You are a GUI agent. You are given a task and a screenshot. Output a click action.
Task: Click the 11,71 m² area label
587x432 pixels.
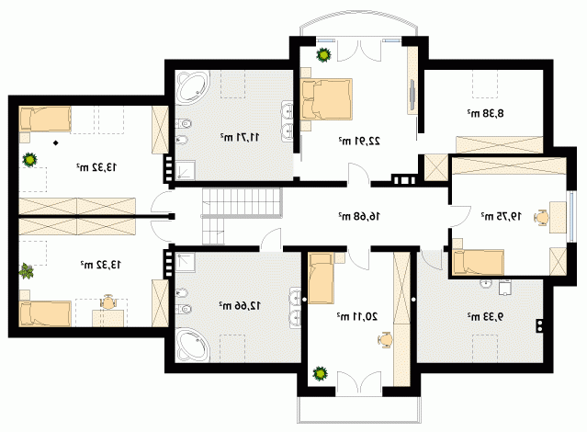tap(240, 138)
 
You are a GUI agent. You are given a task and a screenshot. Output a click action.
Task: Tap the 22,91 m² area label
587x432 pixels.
tap(359, 141)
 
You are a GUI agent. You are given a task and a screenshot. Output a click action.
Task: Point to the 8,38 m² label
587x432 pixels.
tap(485, 113)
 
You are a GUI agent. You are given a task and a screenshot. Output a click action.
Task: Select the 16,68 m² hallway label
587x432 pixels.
tap(359, 216)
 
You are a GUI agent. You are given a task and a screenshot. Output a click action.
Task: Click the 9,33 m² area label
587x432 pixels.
tap(485, 316)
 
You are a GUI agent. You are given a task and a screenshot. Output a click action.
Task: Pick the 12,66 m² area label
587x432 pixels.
tap(240, 306)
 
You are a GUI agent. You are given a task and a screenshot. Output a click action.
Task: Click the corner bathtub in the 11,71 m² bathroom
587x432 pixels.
tap(192, 87)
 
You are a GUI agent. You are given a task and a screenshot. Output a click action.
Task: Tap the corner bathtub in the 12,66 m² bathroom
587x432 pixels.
tap(192, 345)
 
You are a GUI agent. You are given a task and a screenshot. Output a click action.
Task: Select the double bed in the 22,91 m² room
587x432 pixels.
tap(326, 99)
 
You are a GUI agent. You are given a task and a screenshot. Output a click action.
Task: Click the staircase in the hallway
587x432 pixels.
tap(242, 215)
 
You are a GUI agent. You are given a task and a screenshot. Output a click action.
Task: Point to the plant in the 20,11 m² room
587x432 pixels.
tap(320, 373)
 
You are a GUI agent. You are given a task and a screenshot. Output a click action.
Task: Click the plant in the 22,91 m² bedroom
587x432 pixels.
tap(323, 55)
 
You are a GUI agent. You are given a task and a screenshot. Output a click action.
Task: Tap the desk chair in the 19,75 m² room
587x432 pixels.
tap(541, 217)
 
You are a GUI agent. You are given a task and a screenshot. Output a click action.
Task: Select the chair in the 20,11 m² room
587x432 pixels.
tap(385, 340)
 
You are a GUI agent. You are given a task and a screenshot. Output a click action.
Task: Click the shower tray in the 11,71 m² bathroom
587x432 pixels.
tap(186, 170)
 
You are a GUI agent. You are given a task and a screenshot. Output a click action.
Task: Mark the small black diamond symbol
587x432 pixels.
tap(55, 142)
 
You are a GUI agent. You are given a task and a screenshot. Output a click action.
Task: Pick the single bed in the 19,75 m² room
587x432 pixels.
tap(479, 262)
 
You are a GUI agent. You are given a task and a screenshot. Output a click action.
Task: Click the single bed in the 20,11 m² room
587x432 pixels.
tap(322, 278)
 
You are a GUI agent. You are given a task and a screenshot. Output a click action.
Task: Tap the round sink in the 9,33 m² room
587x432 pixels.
tap(486, 284)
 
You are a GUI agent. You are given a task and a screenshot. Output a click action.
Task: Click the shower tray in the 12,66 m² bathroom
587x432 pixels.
tap(186, 263)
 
